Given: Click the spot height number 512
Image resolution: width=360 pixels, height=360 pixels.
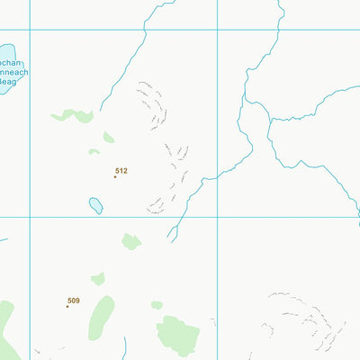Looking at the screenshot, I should tap(121, 170).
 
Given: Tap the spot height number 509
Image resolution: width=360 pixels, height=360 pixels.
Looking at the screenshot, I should tap(74, 301).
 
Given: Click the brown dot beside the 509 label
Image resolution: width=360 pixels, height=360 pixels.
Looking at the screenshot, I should tap(67, 306).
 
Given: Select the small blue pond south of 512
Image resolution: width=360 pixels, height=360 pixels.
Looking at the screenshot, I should tap(94, 205).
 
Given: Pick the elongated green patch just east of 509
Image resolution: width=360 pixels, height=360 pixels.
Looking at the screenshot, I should tap(102, 317).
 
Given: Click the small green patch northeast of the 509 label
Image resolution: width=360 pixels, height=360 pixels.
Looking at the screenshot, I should tap(98, 279).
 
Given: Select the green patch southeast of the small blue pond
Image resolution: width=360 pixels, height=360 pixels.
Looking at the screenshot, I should tap(131, 241).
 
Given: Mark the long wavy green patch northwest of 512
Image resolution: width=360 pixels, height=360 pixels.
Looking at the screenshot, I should tap(73, 115).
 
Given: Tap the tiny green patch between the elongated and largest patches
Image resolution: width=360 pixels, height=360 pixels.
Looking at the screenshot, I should tap(157, 305).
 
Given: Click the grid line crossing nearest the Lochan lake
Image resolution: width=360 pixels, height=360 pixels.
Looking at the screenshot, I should tap(30, 30).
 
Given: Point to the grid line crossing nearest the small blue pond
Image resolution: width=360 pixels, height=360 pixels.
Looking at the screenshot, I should tap(30, 217).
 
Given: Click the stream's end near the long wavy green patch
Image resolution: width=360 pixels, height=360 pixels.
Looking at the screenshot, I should tap(101, 108).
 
